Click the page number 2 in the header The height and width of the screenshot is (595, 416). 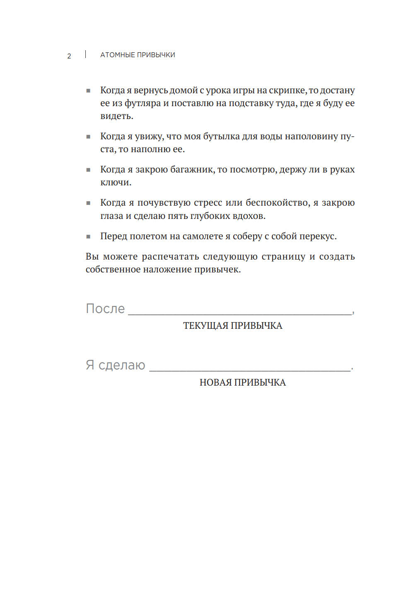(69, 56)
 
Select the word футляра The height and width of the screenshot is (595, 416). (143, 103)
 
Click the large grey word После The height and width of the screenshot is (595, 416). (105, 308)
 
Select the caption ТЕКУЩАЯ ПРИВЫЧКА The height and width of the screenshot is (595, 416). (232, 326)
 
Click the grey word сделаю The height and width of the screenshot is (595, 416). (122, 365)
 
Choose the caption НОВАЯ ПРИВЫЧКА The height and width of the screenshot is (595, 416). (242, 382)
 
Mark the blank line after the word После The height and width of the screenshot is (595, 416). (239, 314)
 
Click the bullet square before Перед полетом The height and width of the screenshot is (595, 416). (88, 237)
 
